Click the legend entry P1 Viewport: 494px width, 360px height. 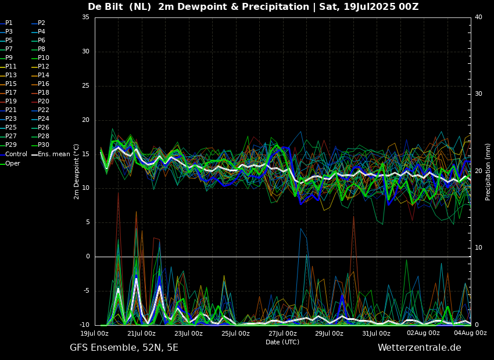coord(9,23)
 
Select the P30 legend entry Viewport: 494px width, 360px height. coord(43,145)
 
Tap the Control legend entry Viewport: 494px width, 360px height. coord(16,154)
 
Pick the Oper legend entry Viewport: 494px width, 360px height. coord(13,164)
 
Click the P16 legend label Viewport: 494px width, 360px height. coord(43,84)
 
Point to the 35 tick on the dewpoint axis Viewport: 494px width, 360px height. coord(85,17)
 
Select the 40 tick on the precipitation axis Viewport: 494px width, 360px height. coord(478,17)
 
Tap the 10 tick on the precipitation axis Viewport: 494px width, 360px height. coord(478,248)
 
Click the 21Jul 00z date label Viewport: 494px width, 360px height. coord(141,333)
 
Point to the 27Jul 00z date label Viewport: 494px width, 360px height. coord(282,333)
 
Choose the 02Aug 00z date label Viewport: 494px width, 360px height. coord(423,333)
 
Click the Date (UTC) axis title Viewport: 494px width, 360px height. coord(282,342)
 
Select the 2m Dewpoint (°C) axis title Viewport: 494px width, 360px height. coord(76,171)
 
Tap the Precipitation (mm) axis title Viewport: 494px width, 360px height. coord(488,171)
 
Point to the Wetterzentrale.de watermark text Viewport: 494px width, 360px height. coord(419,348)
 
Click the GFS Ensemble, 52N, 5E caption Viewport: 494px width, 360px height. coord(124,348)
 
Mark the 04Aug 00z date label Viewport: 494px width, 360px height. coord(470,333)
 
